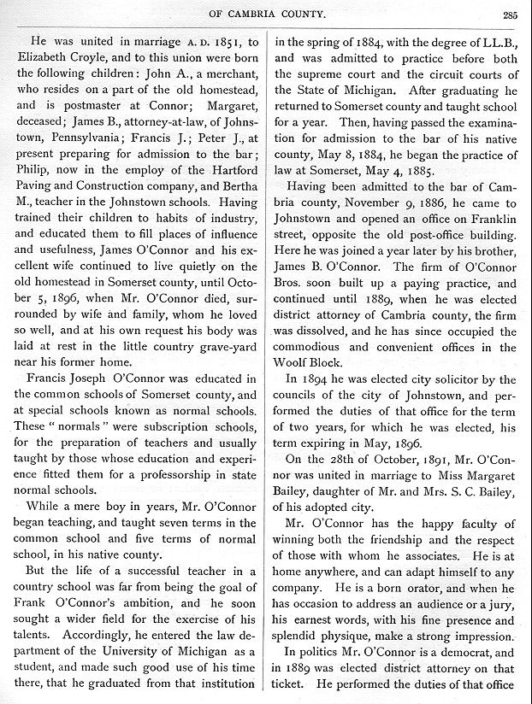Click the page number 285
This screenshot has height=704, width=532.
click(511, 12)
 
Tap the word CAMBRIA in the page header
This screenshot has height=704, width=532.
click(243, 12)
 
